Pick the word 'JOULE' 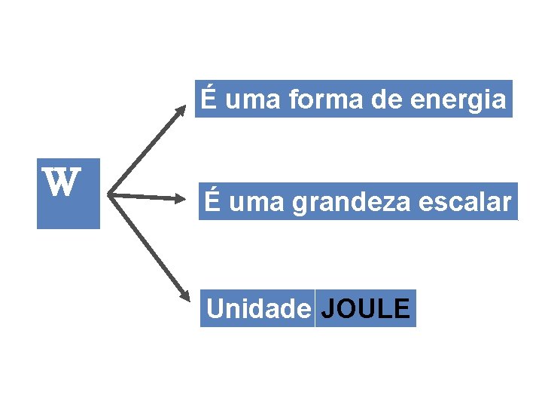pyautogui.click(x=365, y=309)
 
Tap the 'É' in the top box pyautogui.click(x=209, y=99)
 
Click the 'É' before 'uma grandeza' pyautogui.click(x=213, y=201)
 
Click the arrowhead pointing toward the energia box pyautogui.click(x=181, y=111)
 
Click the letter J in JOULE pyautogui.click(x=327, y=309)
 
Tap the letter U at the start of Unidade pyautogui.click(x=214, y=309)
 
